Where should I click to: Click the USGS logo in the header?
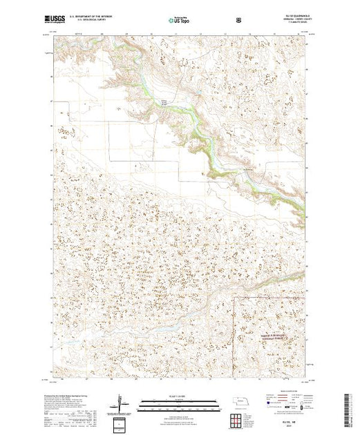[x=57, y=19]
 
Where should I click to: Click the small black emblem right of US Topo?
[x=239, y=20]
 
